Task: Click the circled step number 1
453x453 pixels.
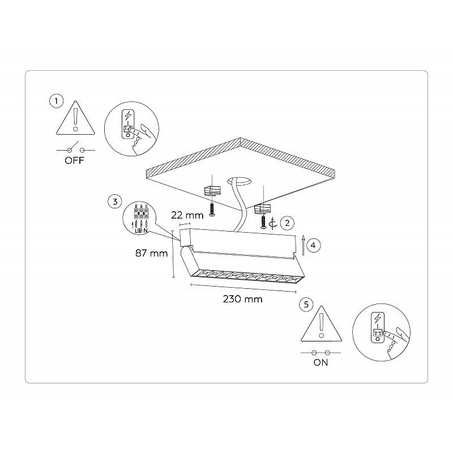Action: pyautogui.click(x=56, y=101)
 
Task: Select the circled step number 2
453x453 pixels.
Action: pyautogui.click(x=287, y=223)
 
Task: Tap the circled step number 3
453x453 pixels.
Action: pyautogui.click(x=115, y=202)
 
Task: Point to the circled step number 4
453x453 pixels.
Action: pyautogui.click(x=313, y=245)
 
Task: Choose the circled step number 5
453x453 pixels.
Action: pyautogui.click(x=306, y=305)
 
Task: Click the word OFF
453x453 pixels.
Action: pyautogui.click(x=75, y=160)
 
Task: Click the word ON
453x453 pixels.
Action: pyautogui.click(x=320, y=362)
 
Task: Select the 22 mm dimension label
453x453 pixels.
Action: pyautogui.click(x=187, y=215)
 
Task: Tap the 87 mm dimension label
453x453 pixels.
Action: pyautogui.click(x=151, y=253)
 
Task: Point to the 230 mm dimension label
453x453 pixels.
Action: pyautogui.click(x=243, y=299)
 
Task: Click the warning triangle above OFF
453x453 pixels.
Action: pyautogui.click(x=75, y=118)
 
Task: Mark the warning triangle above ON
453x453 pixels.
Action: pyautogui.click(x=321, y=323)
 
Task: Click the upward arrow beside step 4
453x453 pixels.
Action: pyautogui.click(x=303, y=245)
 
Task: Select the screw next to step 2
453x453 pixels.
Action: pyautogui.click(x=263, y=222)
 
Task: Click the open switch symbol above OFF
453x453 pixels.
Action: pyautogui.click(x=76, y=148)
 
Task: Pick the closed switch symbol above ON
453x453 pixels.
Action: pyautogui.click(x=320, y=353)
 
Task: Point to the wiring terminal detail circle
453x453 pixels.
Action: pyautogui.click(x=139, y=218)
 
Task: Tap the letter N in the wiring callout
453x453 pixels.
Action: pyautogui.click(x=146, y=230)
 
